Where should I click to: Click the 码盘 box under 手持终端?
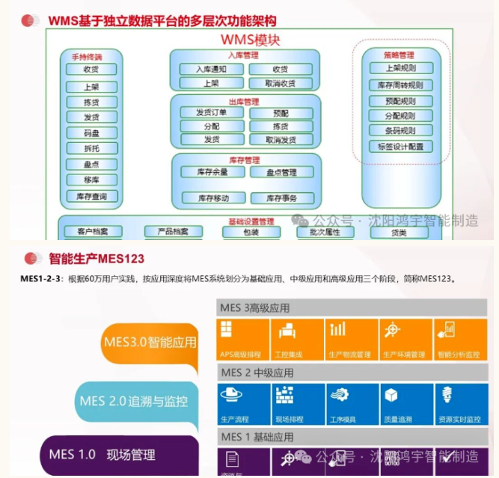tap(91, 133)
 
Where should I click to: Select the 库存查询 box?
tap(91, 196)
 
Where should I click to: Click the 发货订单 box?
tap(212, 113)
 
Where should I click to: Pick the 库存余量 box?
tap(212, 172)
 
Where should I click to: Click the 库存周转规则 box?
tap(400, 85)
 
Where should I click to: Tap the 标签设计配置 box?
tap(400, 147)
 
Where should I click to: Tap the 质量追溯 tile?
tap(405, 404)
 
